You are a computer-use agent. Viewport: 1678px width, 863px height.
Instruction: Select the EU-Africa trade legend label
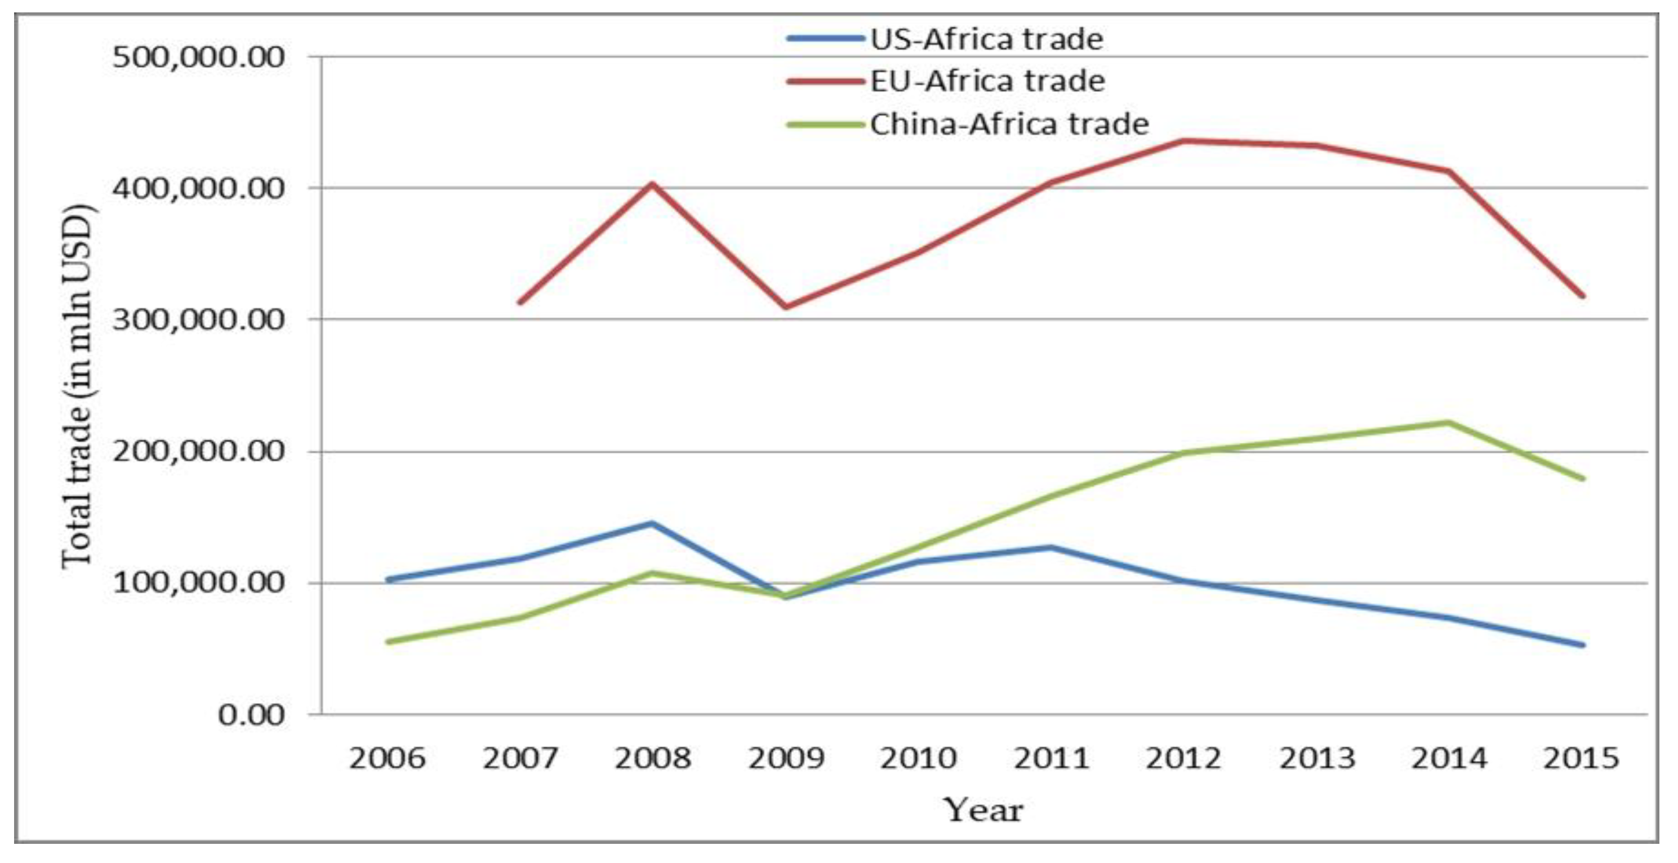tap(987, 82)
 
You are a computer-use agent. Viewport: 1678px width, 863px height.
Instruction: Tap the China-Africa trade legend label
tap(1009, 124)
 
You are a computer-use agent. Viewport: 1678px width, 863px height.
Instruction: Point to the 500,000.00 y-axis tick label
tap(199, 57)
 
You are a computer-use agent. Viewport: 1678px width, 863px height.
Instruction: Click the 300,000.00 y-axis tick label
tap(199, 320)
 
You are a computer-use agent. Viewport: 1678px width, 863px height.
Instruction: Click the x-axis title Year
tap(983, 810)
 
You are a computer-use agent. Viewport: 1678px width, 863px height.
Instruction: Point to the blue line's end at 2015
tap(1583, 645)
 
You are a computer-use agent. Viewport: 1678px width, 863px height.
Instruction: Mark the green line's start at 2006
tap(388, 642)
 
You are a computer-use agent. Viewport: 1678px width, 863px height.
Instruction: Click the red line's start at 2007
tap(519, 302)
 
